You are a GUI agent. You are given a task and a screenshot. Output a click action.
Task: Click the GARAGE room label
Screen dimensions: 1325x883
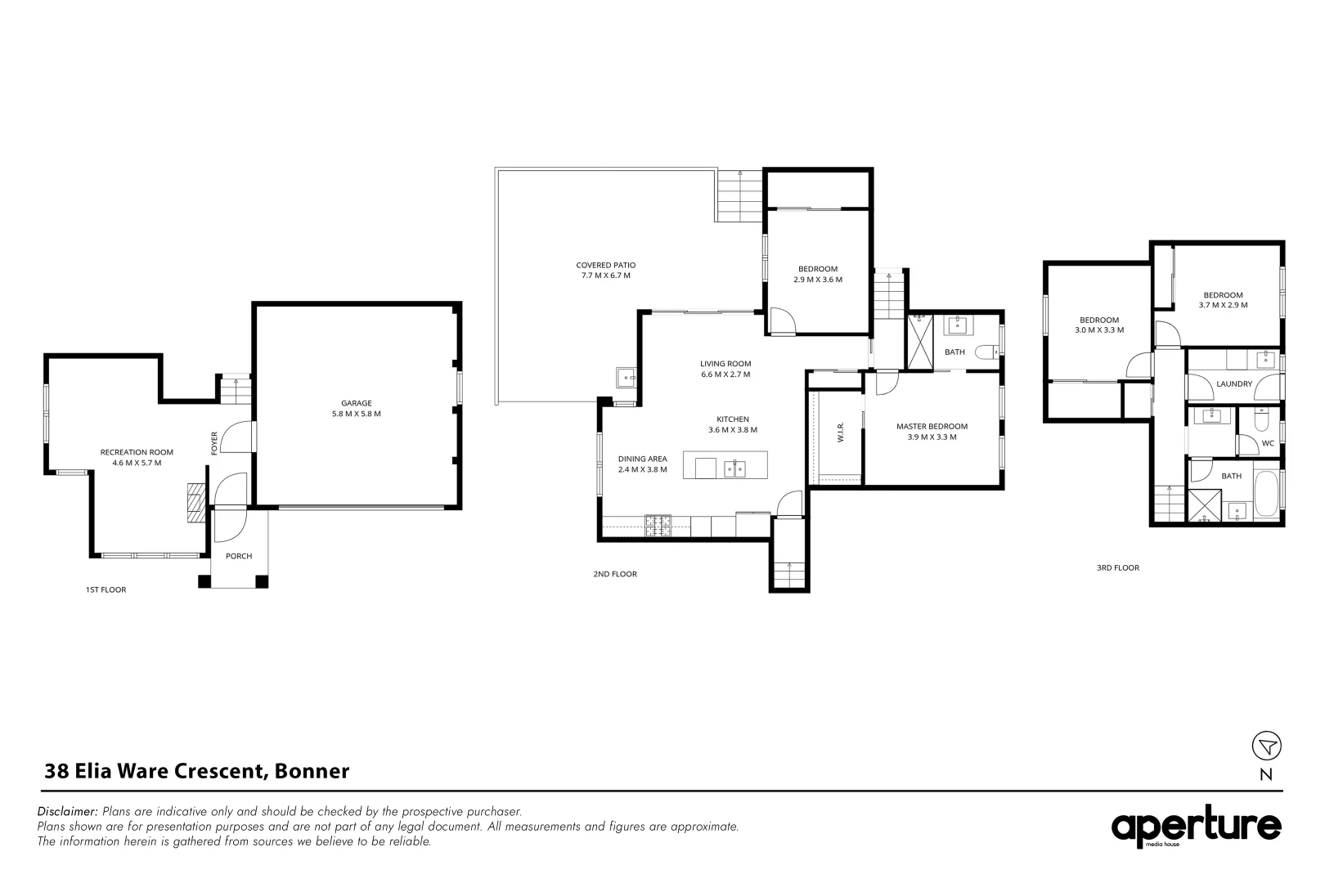click(x=356, y=403)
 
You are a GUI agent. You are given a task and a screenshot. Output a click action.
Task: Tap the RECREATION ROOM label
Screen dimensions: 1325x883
click(x=137, y=452)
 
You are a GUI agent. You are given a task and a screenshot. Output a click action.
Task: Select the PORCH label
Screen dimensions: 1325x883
click(x=239, y=556)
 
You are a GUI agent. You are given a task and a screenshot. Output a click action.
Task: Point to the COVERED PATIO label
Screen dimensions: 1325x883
click(x=606, y=266)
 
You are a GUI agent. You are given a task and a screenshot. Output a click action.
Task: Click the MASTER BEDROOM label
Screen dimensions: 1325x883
click(x=932, y=427)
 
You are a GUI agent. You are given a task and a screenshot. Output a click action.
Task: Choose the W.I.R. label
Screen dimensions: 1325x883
click(x=841, y=431)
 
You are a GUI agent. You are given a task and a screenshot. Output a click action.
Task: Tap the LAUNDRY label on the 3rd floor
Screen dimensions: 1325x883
click(x=1234, y=383)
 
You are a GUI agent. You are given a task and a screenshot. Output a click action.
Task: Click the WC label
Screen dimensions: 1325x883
click(x=1268, y=444)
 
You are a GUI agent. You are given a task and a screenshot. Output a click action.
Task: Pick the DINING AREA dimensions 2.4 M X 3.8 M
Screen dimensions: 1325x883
click(x=642, y=469)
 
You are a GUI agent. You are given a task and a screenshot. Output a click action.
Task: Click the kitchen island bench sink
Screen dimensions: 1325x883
click(x=735, y=469)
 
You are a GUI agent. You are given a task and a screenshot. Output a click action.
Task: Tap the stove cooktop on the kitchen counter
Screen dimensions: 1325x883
click(x=658, y=526)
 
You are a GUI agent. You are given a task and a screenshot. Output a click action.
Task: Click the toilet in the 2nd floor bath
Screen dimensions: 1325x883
click(x=987, y=352)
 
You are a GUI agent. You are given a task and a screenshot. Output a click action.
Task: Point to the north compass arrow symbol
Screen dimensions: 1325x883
click(x=1266, y=746)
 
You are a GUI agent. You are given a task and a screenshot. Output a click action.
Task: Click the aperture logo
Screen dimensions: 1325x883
click(x=1196, y=827)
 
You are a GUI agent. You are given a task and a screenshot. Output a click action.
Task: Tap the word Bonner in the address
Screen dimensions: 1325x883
click(x=312, y=771)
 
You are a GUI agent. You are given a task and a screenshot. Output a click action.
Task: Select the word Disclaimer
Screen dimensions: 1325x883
click(x=67, y=811)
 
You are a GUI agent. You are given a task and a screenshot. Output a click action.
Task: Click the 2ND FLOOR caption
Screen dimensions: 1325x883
click(x=615, y=574)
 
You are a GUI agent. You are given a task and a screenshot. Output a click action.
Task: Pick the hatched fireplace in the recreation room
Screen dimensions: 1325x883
click(x=195, y=503)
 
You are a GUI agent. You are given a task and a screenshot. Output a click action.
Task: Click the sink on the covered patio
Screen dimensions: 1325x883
click(x=626, y=378)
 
